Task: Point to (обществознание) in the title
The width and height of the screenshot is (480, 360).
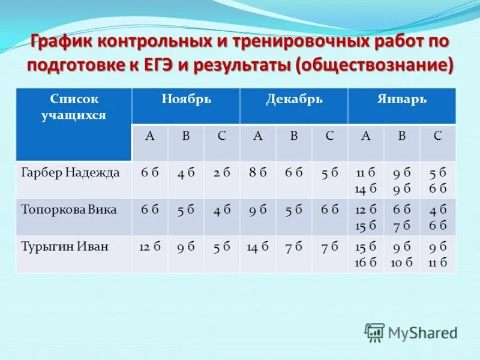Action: [x=374, y=64]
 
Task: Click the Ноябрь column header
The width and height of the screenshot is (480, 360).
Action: [x=186, y=100]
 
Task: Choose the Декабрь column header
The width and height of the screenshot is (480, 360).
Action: [x=294, y=100]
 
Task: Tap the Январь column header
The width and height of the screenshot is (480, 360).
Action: [x=402, y=100]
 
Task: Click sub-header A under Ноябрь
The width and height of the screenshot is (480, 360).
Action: [x=150, y=136]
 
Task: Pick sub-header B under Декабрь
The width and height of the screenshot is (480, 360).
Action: [x=294, y=136]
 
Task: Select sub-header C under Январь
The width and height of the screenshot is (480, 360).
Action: [x=437, y=136]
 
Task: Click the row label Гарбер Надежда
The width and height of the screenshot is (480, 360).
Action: [x=71, y=173]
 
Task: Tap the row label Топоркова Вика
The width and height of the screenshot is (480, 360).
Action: [x=68, y=209]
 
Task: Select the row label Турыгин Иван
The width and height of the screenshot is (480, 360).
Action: [x=64, y=246]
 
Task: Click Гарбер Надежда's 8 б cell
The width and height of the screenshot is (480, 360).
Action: [x=258, y=173]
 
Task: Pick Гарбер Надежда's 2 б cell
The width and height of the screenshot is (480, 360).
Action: [x=222, y=173]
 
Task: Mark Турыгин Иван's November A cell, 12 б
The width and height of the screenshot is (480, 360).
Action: [x=150, y=246]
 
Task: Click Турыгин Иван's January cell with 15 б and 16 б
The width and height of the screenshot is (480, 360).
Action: [x=365, y=253]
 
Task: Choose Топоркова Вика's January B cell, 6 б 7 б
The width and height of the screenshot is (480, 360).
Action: [x=401, y=217]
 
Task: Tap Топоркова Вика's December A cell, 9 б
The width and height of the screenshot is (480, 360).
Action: [x=258, y=209]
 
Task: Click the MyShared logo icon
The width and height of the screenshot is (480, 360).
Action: [x=375, y=332]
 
